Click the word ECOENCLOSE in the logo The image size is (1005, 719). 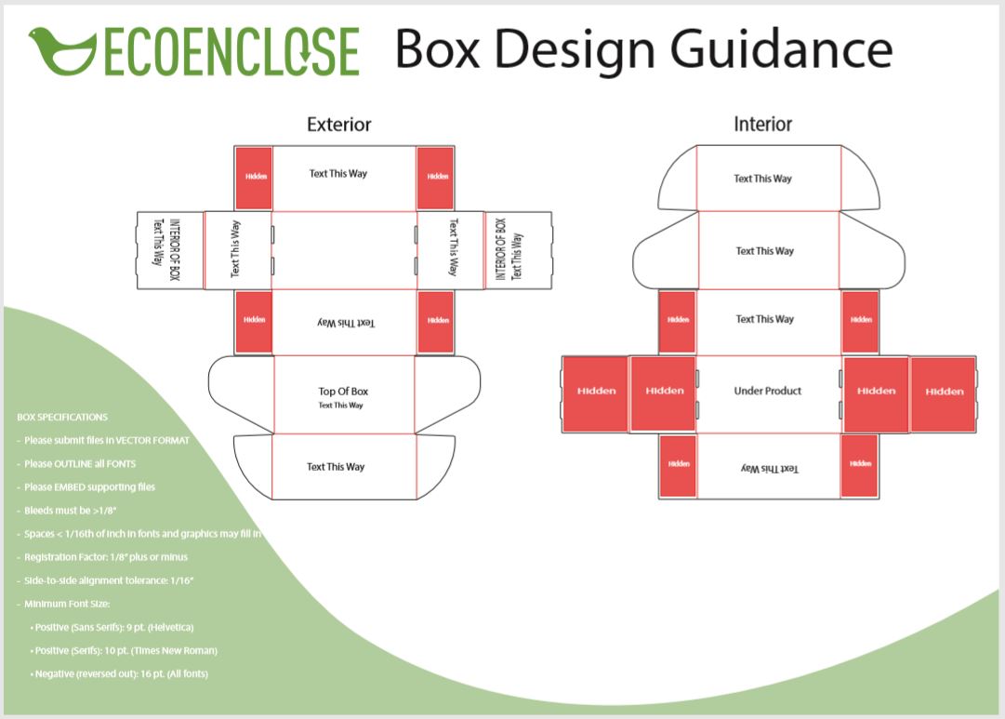click(231, 51)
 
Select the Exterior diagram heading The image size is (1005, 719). click(338, 125)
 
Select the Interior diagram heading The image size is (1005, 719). click(762, 125)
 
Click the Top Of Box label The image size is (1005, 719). click(343, 392)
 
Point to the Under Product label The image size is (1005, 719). click(767, 391)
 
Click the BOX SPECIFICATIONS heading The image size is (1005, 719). click(62, 418)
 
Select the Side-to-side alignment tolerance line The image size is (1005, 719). click(108, 580)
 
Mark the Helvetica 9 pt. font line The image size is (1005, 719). click(112, 627)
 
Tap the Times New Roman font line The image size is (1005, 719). click(125, 650)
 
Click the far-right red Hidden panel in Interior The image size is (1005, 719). click(944, 392)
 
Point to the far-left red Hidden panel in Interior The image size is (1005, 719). click(596, 391)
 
